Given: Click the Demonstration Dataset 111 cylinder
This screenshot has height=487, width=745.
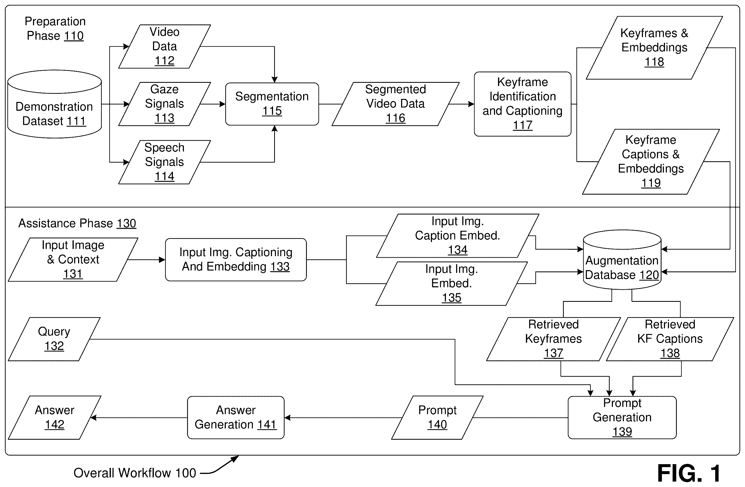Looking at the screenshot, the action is (54, 104).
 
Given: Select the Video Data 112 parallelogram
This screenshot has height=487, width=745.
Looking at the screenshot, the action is (164, 46).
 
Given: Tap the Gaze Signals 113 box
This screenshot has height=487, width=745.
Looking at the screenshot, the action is (164, 104).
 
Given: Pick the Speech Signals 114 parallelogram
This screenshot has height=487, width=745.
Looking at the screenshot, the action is (164, 162).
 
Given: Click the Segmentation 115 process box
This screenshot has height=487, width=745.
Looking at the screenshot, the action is (272, 104).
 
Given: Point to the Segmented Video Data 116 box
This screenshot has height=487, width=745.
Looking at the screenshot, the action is (395, 104).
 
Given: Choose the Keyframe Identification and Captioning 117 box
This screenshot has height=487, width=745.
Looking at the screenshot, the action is (522, 104).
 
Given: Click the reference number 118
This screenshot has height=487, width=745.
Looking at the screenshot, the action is (654, 62).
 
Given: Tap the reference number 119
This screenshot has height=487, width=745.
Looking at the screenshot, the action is (651, 183).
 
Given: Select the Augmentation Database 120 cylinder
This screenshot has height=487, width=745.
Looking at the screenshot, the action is (622, 260).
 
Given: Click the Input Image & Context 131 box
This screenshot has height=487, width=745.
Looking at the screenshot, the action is (73, 259).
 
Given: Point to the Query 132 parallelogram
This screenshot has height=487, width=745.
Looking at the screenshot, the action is (54, 339).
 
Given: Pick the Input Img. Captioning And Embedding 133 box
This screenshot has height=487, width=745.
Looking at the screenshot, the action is (236, 259).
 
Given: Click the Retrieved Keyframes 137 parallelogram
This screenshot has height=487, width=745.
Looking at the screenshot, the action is (553, 339).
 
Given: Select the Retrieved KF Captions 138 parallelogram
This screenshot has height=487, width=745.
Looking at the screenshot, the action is (670, 339).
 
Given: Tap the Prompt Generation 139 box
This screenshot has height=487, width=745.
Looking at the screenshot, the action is (622, 417).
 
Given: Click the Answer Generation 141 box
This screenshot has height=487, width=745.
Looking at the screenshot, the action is (236, 417).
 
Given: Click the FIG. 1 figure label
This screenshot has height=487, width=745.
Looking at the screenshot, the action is (689, 473).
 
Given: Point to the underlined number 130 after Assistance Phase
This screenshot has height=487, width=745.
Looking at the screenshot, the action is (126, 223).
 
